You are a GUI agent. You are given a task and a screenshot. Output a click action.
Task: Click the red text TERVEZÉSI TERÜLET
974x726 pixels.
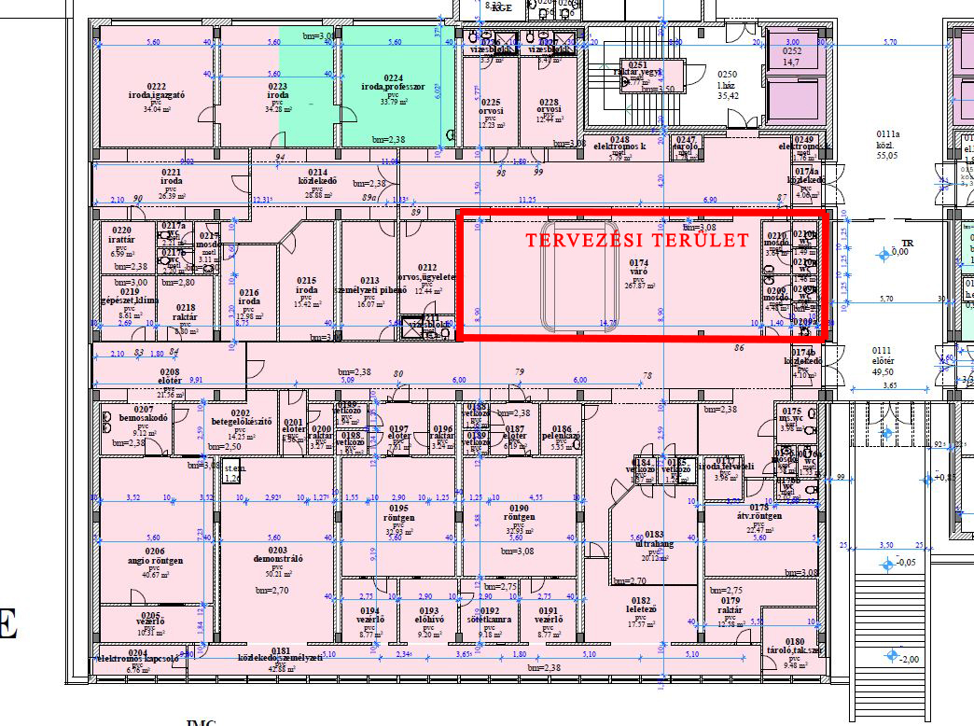tap(637, 241)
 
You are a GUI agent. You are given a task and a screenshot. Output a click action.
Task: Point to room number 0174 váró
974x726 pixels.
tap(638, 265)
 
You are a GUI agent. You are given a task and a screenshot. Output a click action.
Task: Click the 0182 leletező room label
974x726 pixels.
tap(640, 606)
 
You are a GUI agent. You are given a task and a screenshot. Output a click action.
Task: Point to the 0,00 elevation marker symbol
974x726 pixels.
tap(886, 253)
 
